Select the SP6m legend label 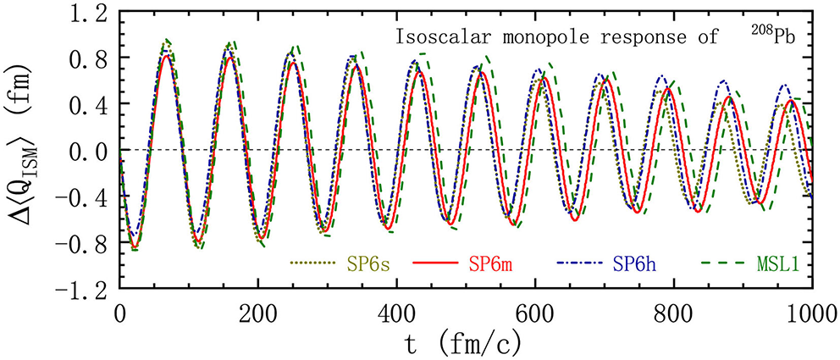point(489,265)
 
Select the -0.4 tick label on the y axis point(87,197)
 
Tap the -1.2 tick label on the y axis point(87,289)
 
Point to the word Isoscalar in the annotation point(437,37)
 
